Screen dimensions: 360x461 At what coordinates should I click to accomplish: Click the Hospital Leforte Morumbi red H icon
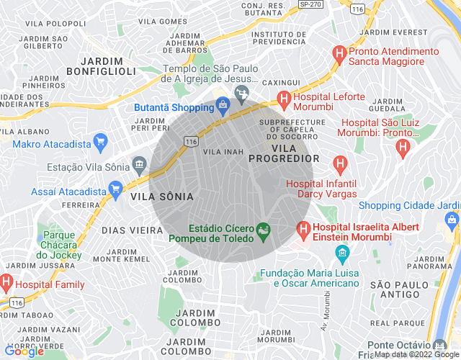[284, 98]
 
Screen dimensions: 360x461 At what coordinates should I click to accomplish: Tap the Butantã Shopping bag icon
[223, 107]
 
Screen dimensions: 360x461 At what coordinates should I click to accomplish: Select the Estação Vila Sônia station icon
[137, 166]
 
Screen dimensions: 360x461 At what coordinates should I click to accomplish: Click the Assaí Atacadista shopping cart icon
[115, 192]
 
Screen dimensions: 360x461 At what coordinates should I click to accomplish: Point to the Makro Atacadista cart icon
[100, 141]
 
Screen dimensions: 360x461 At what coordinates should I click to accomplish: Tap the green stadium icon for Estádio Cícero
[264, 230]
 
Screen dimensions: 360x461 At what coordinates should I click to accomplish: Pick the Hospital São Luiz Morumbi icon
[403, 148]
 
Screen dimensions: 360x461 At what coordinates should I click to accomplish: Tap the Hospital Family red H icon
[6, 281]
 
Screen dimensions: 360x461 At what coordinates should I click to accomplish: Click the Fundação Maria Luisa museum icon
[342, 253]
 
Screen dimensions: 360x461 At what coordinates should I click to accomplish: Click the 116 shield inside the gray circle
[191, 142]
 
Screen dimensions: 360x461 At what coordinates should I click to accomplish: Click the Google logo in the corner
[23, 351]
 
